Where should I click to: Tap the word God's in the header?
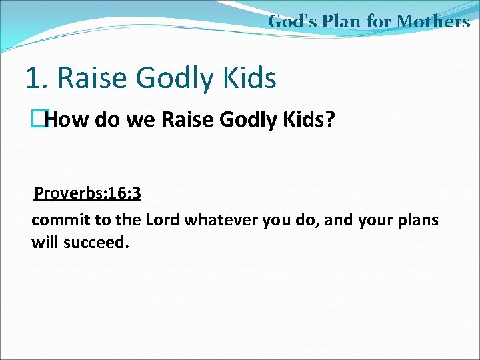(291, 21)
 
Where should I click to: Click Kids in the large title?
(251, 78)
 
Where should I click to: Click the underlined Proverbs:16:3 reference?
(87, 193)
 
